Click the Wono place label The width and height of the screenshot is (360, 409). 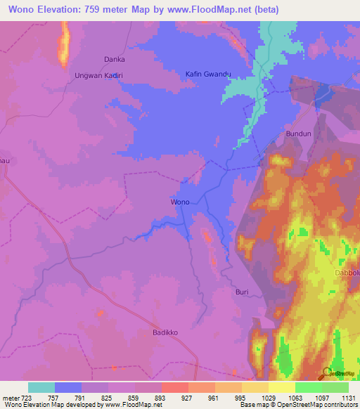point(181,202)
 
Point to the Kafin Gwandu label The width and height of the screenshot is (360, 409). point(208,74)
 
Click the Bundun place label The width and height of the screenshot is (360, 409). point(297,133)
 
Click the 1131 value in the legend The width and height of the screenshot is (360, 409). point(348,398)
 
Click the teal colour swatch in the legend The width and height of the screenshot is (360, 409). point(41,387)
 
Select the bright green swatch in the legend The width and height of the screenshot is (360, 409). point(309,387)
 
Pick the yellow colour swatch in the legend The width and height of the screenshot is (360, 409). point(282,387)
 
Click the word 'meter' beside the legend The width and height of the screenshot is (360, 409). point(11,398)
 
